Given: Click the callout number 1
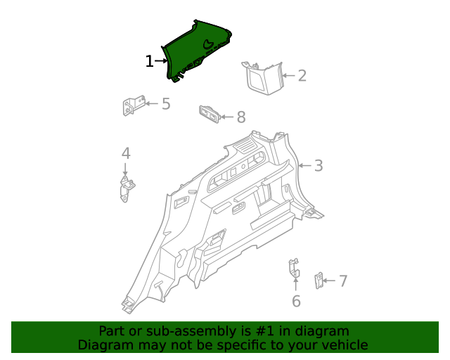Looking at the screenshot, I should pyautogui.click(x=149, y=62).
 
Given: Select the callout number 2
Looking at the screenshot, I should pyautogui.click(x=302, y=76).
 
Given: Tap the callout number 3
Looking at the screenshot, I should pyautogui.click(x=319, y=166).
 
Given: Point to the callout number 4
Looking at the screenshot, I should pyautogui.click(x=126, y=153).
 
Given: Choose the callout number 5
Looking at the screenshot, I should pyautogui.click(x=166, y=104).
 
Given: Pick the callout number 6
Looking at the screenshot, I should pyautogui.click(x=296, y=301).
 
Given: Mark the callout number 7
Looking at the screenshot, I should pyautogui.click(x=343, y=281).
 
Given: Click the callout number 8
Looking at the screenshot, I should pyautogui.click(x=240, y=117).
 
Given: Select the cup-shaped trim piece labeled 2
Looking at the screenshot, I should pyautogui.click(x=263, y=77).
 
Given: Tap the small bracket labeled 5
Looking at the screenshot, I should pyautogui.click(x=133, y=106).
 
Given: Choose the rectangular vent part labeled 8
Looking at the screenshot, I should pyautogui.click(x=209, y=112).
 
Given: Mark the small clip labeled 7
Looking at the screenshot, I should pyautogui.click(x=318, y=281).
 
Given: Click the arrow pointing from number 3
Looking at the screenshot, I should pyautogui.click(x=304, y=166).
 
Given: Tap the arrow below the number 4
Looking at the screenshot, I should pyautogui.click(x=126, y=169).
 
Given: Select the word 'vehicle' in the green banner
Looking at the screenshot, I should pyautogui.click(x=342, y=345).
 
